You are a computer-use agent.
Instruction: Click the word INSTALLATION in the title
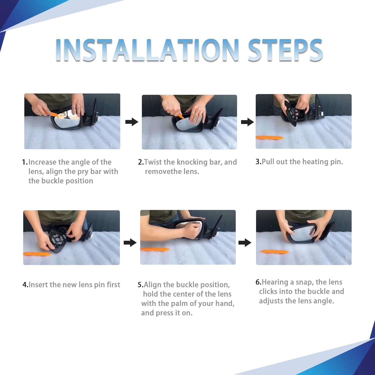[x=147, y=50]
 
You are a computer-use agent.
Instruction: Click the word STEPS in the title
[x=285, y=50]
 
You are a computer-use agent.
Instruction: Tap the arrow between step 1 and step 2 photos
[x=132, y=122]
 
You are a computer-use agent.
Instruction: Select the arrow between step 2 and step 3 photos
[x=247, y=122]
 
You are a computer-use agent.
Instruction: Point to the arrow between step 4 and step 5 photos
[x=130, y=242]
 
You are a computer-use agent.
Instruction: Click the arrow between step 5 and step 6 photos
[x=245, y=242]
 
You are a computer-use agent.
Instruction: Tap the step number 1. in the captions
[x=25, y=162]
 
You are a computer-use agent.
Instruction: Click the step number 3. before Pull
[x=258, y=162]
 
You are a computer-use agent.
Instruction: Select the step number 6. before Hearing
[x=258, y=282]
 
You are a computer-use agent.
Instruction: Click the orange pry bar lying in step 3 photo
[x=269, y=137]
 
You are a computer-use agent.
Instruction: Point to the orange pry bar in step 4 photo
[x=37, y=254]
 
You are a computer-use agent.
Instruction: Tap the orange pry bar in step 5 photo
[x=155, y=249]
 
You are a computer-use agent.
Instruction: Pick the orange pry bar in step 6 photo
[x=275, y=251]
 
